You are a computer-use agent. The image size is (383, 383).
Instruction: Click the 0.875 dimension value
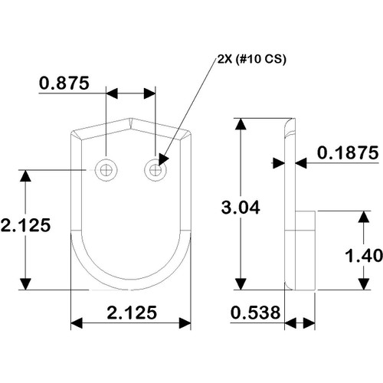click(64, 83)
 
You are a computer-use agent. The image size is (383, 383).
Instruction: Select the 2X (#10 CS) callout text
click(252, 59)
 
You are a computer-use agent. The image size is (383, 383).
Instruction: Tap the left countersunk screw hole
click(106, 170)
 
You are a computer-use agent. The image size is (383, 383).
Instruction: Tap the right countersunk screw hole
click(155, 170)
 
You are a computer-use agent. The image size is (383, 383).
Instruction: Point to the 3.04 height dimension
click(241, 208)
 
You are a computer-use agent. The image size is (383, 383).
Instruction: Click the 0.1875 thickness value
click(348, 152)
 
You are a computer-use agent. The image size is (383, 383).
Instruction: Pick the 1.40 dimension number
click(364, 256)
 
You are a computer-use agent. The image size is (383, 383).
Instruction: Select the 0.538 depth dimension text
click(255, 313)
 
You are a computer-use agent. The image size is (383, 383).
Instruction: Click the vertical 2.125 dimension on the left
click(25, 225)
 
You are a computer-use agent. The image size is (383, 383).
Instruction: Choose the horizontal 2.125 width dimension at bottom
click(132, 313)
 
